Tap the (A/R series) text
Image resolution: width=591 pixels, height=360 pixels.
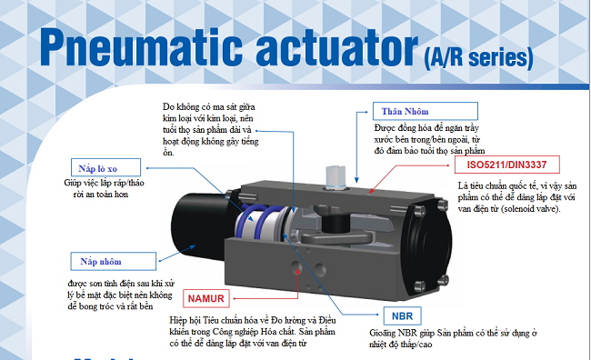[x=478, y=58]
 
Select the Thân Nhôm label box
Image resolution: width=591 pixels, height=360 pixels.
[x=426, y=111]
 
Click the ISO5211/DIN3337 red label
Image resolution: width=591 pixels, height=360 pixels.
[x=507, y=165]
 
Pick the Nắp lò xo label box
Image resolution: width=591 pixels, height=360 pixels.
[x=105, y=167]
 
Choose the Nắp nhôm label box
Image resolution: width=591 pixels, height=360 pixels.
[x=113, y=261]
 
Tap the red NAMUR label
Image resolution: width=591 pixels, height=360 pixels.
[x=205, y=298]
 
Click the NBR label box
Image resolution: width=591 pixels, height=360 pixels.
[x=402, y=315]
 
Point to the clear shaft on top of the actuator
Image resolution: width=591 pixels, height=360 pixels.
[x=336, y=176]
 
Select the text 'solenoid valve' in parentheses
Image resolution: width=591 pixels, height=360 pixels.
[x=531, y=209]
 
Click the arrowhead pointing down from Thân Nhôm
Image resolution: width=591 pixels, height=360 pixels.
[x=356, y=180]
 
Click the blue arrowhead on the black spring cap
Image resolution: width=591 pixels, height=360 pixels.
[x=192, y=247]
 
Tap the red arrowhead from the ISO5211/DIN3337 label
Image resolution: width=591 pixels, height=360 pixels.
[x=371, y=192]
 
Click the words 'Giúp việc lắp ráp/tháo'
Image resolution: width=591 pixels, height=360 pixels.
[x=104, y=184]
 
